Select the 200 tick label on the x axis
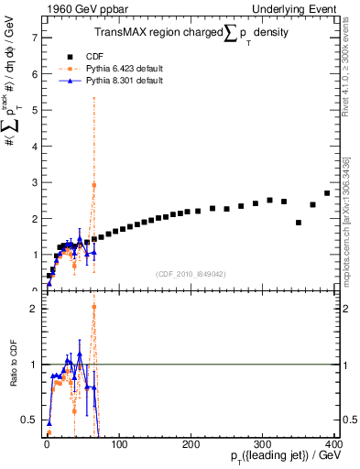click(191, 444)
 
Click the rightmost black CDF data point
click(327, 193)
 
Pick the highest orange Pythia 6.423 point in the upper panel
click(93, 185)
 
